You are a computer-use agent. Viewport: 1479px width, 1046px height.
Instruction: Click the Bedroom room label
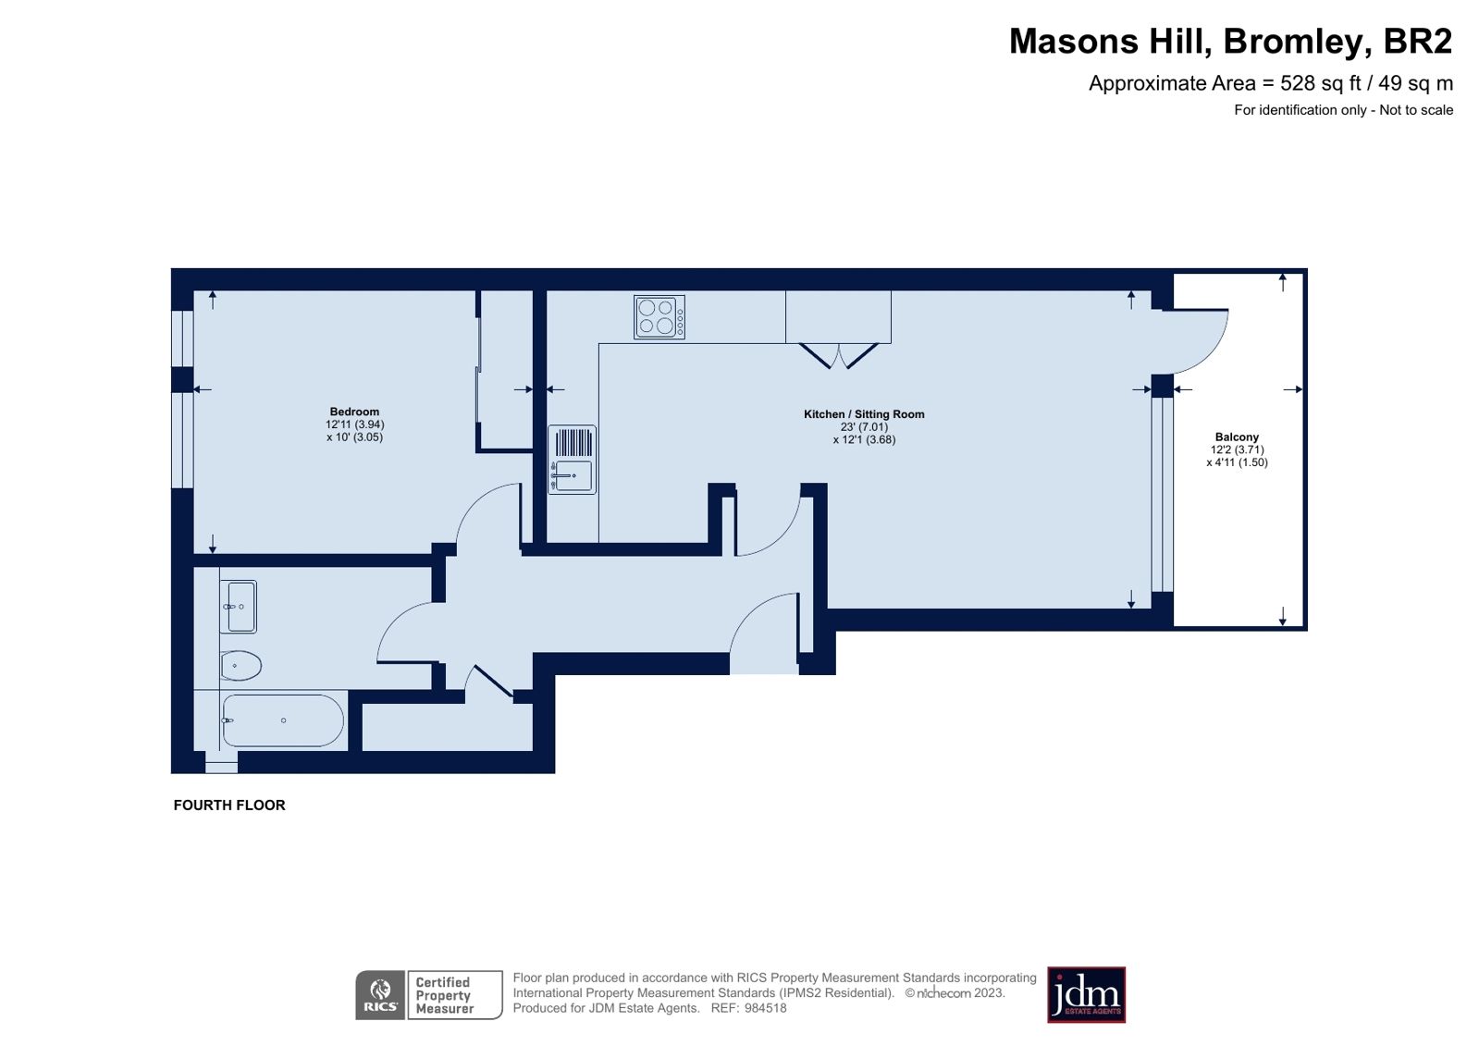(x=354, y=412)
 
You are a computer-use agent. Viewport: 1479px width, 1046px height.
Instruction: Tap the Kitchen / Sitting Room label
(x=864, y=414)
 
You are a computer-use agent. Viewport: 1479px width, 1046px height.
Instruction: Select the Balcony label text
(x=1237, y=437)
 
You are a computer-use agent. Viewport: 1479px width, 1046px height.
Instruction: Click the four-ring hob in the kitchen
(x=659, y=317)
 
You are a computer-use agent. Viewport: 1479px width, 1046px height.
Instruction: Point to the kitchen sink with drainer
(x=572, y=460)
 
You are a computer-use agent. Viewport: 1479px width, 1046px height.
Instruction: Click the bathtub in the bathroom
(x=283, y=720)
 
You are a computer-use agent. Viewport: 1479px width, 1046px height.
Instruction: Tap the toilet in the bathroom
(x=240, y=665)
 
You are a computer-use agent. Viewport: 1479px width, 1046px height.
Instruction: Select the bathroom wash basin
(x=240, y=607)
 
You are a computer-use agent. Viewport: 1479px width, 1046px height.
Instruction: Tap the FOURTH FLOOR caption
(x=229, y=806)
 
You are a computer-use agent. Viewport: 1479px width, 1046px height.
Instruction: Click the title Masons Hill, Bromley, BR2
(x=1230, y=42)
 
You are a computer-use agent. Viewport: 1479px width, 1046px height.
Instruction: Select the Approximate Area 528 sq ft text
(x=1270, y=83)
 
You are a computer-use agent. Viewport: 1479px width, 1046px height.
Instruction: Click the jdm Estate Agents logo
(x=1086, y=995)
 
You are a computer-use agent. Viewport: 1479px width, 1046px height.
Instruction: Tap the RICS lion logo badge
(x=380, y=995)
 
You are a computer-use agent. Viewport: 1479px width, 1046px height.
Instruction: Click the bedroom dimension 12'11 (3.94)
(x=354, y=425)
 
